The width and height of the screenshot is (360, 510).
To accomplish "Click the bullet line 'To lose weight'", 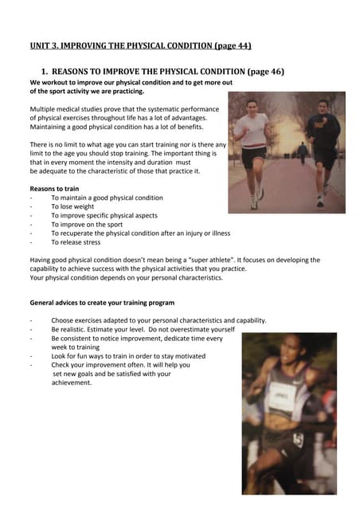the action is pyautogui.click(x=72, y=206).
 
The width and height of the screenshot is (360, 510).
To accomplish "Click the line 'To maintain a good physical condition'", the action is pyautogui.click(x=107, y=197).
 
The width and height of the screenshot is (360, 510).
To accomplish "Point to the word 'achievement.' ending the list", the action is pyautogui.click(x=72, y=382).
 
